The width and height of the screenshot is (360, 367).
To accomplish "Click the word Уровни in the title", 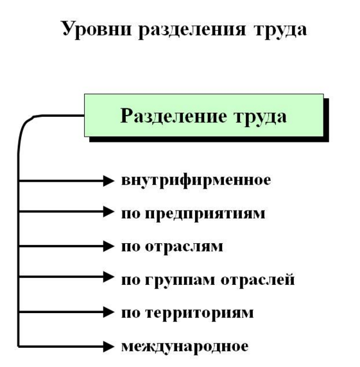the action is (x=96, y=30).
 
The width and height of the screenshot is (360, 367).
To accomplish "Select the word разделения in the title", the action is (x=192, y=30).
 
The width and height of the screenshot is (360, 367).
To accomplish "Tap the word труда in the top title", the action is (x=280, y=30).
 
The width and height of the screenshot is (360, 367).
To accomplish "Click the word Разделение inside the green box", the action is (x=173, y=115).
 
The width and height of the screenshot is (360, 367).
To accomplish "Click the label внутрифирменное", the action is (x=196, y=180).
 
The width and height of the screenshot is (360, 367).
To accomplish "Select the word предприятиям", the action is (x=205, y=214).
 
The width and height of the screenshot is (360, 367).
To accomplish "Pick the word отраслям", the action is (x=184, y=246).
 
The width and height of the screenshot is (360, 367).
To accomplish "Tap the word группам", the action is (x=180, y=280).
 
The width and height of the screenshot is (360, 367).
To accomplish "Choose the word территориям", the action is (x=200, y=313).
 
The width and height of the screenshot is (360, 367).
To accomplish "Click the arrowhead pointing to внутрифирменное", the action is (x=108, y=181).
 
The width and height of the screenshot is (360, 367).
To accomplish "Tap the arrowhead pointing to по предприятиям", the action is (x=108, y=212).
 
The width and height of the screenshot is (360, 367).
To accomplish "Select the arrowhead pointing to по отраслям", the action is (x=108, y=246).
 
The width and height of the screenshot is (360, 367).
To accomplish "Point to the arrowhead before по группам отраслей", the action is (x=108, y=277).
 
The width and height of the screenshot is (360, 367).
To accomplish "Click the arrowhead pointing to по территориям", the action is (x=108, y=312).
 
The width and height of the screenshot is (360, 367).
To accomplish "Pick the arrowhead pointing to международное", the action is (x=108, y=346).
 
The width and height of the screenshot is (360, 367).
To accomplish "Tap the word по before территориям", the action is (x=130, y=314).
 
